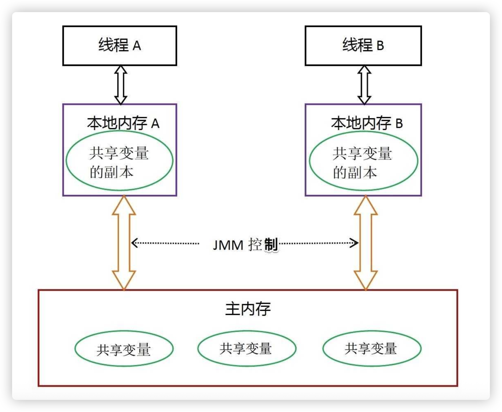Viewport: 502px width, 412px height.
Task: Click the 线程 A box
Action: tap(120, 45)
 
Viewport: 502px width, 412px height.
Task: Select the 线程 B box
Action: tap(363, 45)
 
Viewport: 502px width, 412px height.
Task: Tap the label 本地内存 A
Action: tap(123, 123)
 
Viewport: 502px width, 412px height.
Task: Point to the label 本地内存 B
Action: tap(367, 123)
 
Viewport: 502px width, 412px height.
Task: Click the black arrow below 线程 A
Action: tap(121, 85)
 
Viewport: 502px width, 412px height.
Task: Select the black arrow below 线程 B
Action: tap(364, 85)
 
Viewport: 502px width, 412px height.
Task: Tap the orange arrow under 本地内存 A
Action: tap(124, 243)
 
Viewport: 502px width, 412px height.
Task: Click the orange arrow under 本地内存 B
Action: tap(366, 243)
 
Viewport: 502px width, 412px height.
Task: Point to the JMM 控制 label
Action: tap(245, 245)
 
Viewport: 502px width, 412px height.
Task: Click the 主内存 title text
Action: tap(248, 309)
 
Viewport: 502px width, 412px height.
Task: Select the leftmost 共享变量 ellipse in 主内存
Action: tap(124, 349)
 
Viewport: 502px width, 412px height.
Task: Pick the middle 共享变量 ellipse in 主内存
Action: tap(247, 348)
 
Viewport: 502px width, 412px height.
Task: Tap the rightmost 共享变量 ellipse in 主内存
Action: tap(372, 348)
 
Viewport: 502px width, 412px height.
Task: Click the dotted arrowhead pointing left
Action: tap(134, 243)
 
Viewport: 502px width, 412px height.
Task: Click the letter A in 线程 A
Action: tap(137, 46)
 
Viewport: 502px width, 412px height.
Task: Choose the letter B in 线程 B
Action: tap(380, 46)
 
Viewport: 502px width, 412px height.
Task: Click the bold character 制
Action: tap(271, 245)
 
